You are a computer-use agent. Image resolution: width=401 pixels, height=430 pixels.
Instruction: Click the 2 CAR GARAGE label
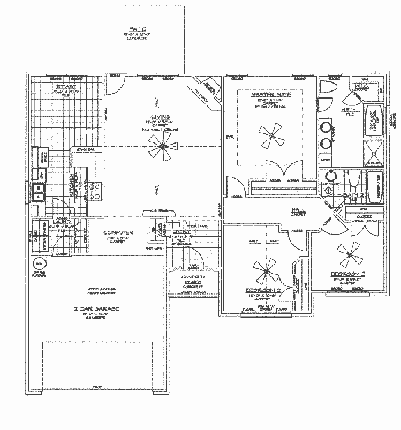(96, 309)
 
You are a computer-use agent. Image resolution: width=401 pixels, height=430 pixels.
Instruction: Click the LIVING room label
(160, 117)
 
